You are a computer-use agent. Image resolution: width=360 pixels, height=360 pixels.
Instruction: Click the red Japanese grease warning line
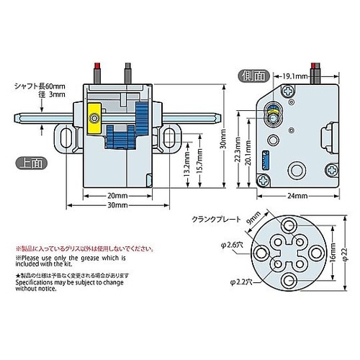(x=79, y=248)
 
